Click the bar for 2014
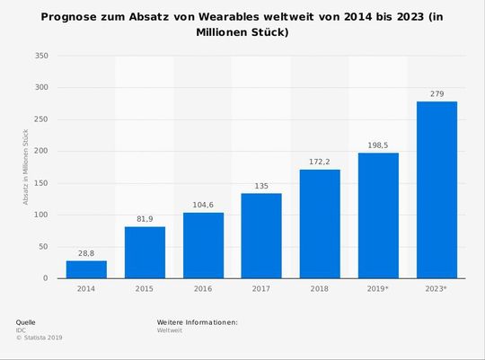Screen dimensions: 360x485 pos(86,269)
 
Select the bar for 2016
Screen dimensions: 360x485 pos(203,245)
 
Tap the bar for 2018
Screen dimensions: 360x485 pos(320,224)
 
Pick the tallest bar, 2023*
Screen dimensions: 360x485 pos(436,189)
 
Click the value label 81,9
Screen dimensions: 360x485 pos(145,218)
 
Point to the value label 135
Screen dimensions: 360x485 pos(261,185)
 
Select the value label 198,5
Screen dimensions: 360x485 pos(378,145)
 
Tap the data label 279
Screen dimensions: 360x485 pos(436,93)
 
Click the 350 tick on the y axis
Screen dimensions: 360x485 pos(41,56)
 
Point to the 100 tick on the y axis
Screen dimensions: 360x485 pos(41,215)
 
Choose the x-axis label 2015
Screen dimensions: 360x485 pos(145,290)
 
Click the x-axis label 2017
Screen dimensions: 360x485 pos(261,290)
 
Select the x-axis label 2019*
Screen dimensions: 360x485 pos(378,290)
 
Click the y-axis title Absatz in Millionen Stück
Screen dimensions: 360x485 pos(26,167)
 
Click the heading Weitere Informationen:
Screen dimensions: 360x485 pos(197,321)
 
